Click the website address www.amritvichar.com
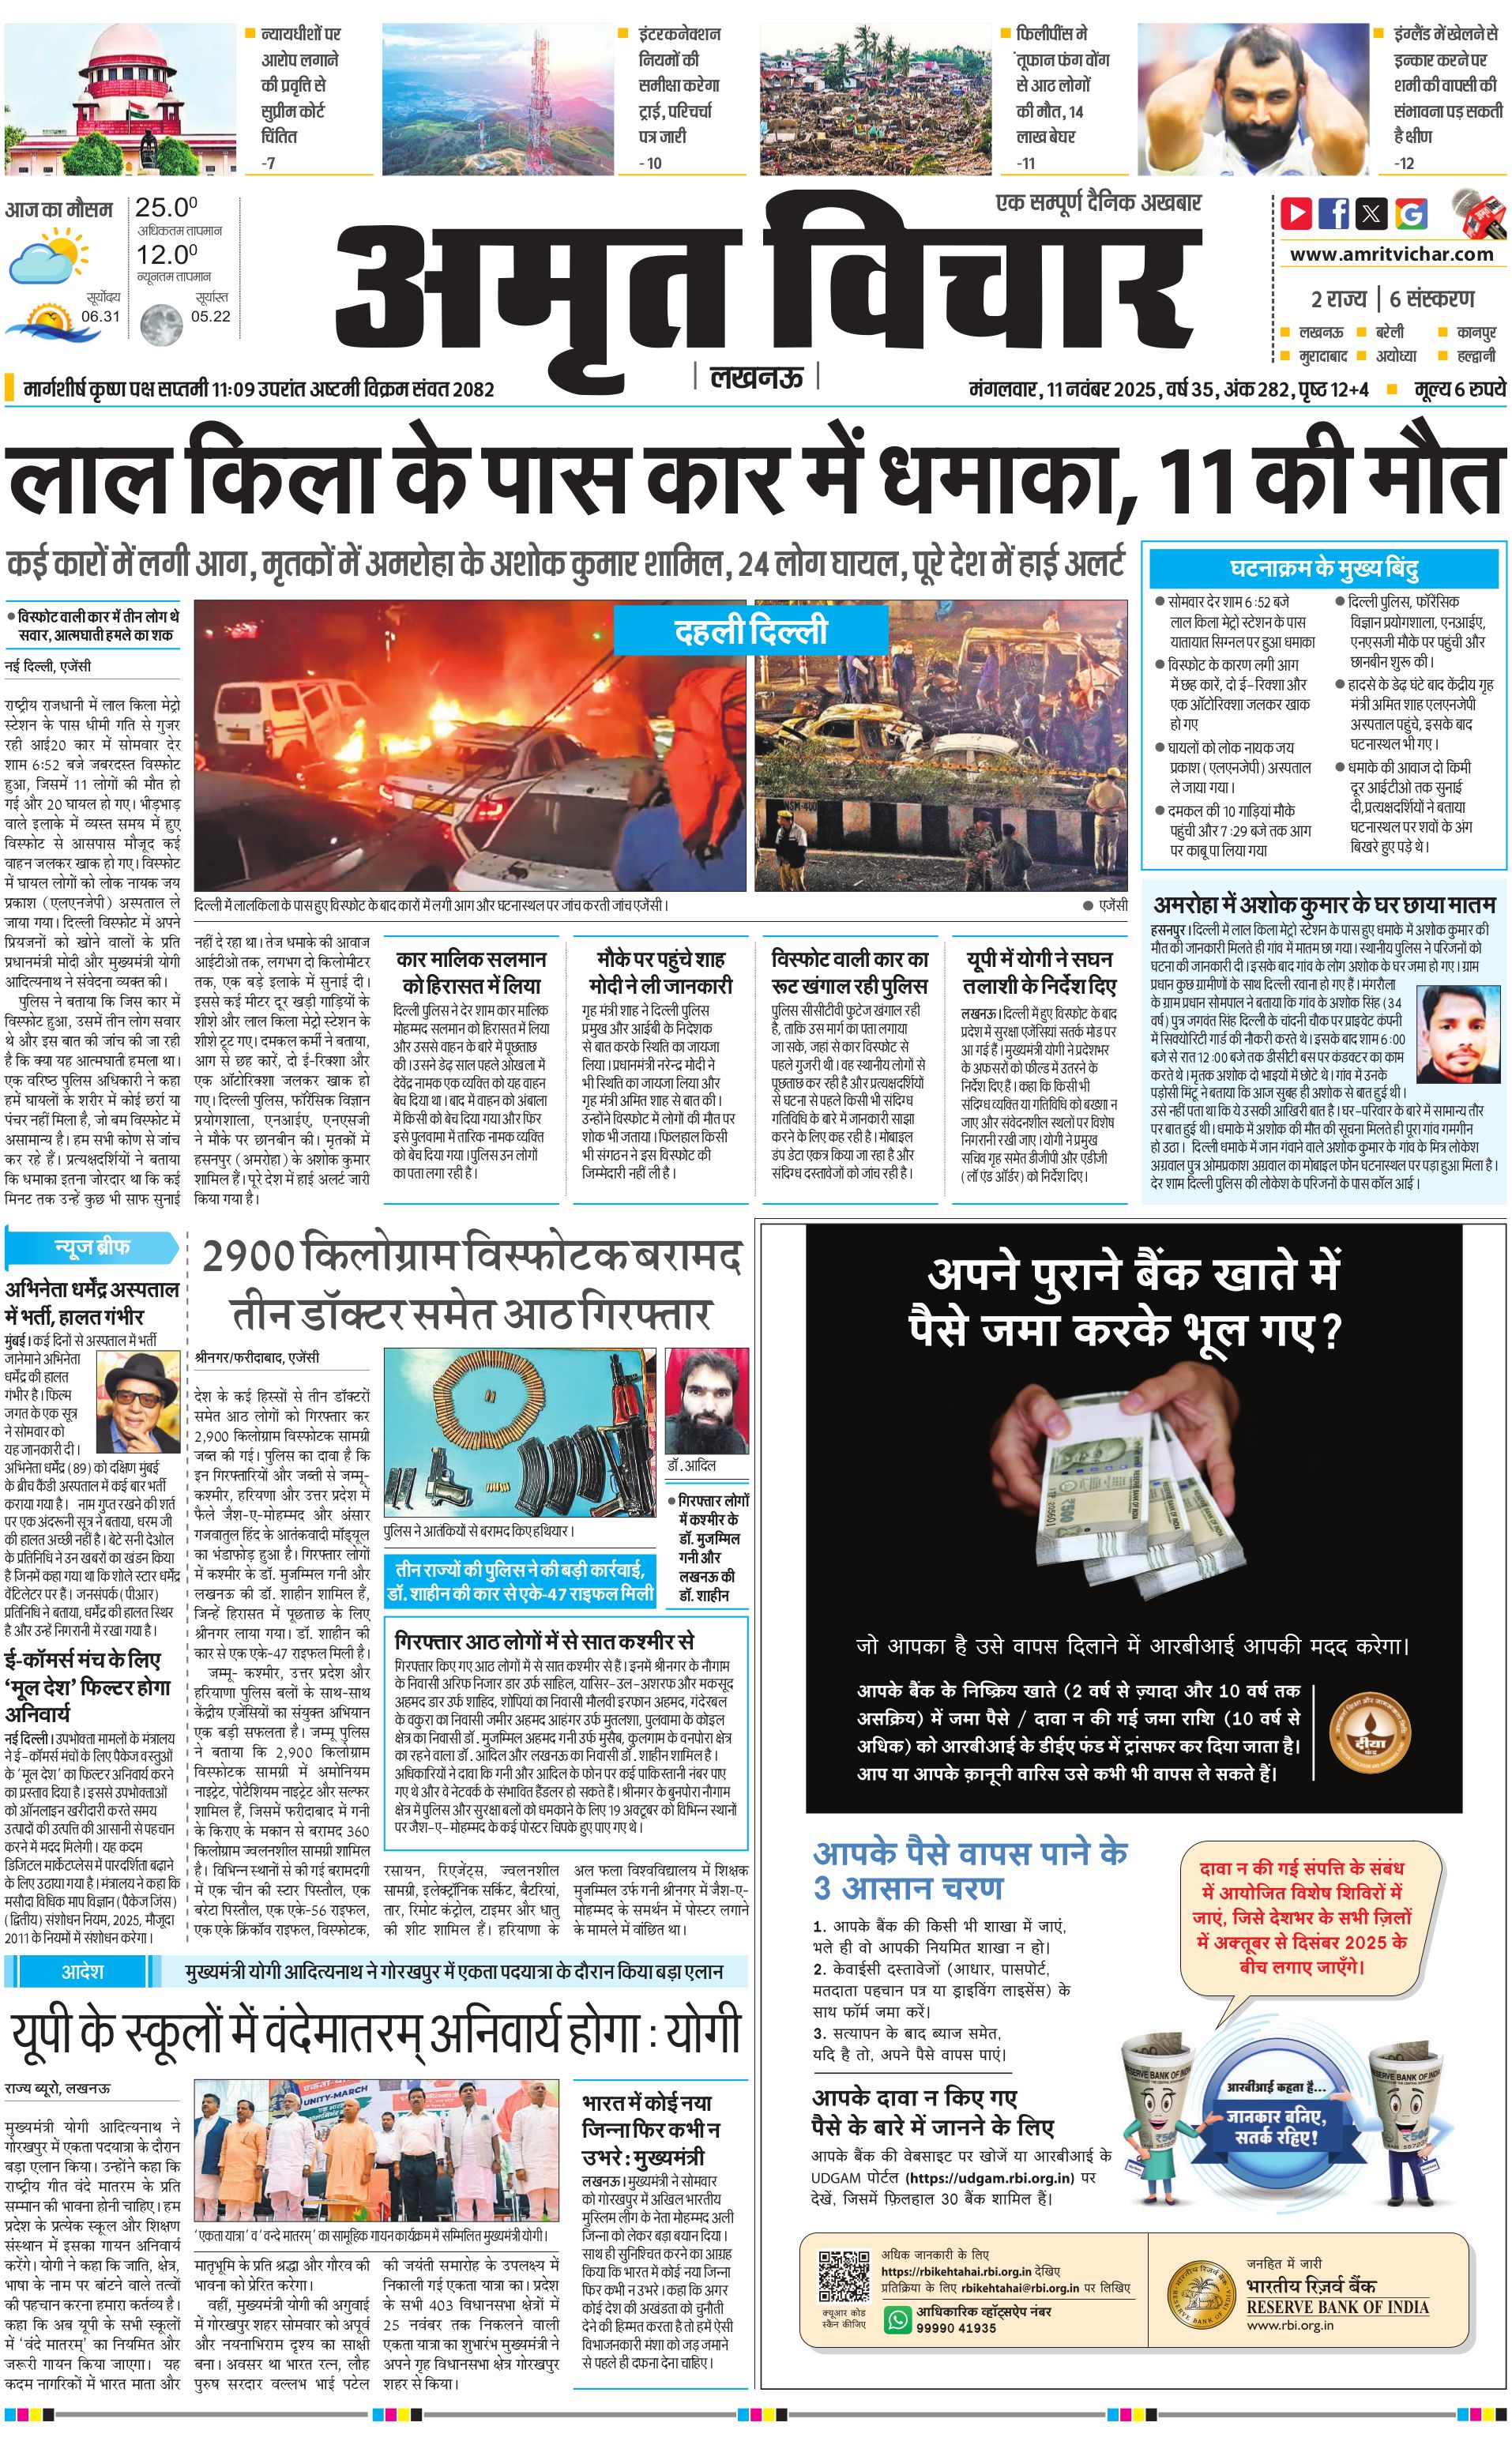[x=1391, y=254]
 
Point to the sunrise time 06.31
[x=100, y=316]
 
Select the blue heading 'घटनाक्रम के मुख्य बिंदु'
[x=1324, y=569]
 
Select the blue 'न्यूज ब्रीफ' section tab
[x=92, y=1247]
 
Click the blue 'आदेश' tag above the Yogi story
[x=82, y=1971]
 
